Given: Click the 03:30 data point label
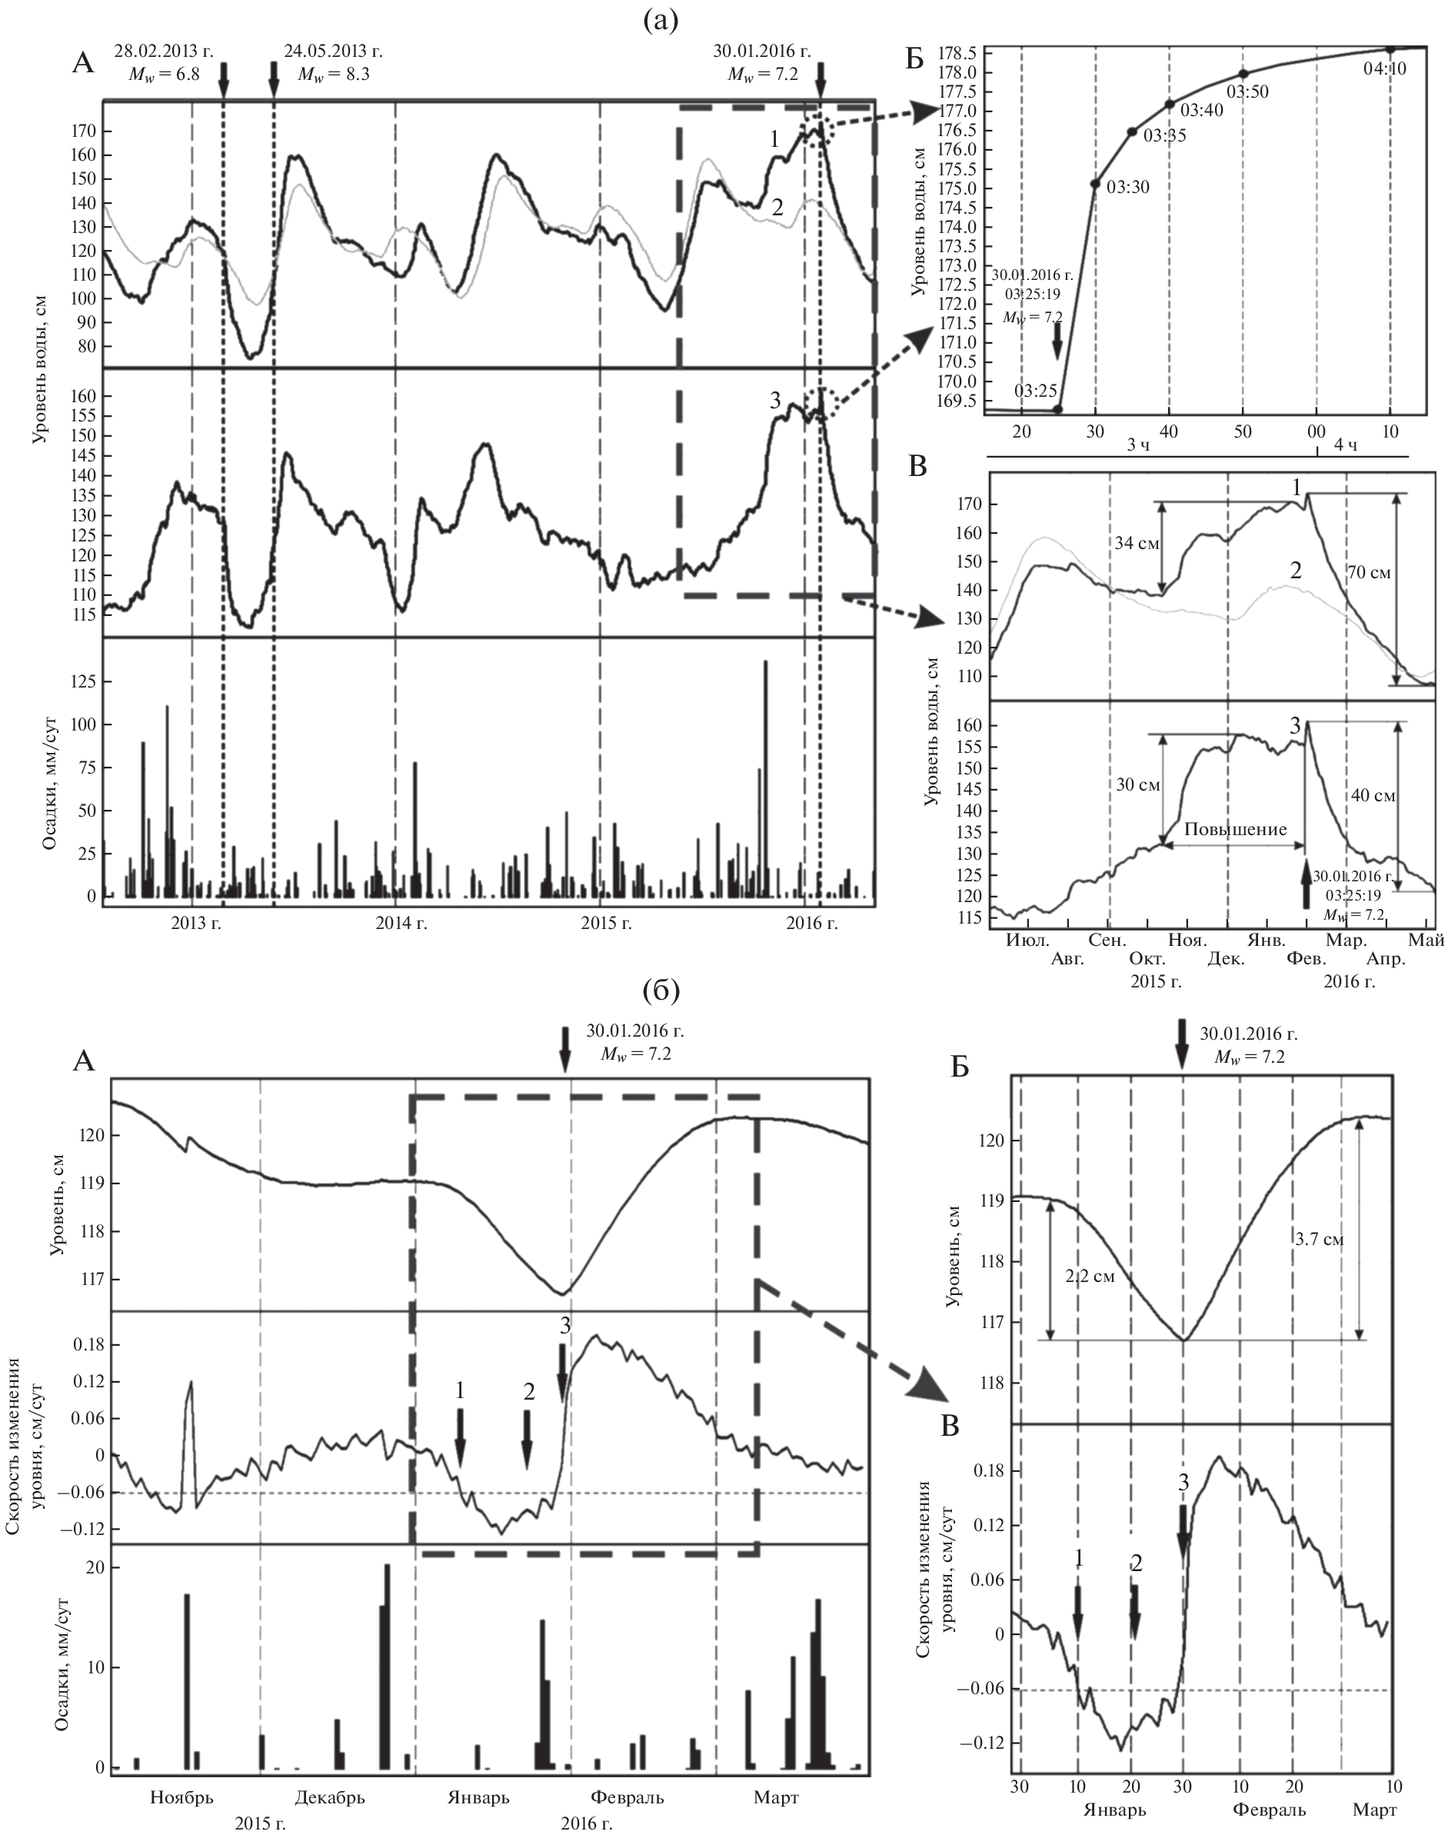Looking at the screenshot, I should pos(1125,188).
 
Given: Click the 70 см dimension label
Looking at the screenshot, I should pos(1369,573).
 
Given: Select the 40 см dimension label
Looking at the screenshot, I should pos(1372,796).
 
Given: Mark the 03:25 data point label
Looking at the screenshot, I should pos(1035,391).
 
